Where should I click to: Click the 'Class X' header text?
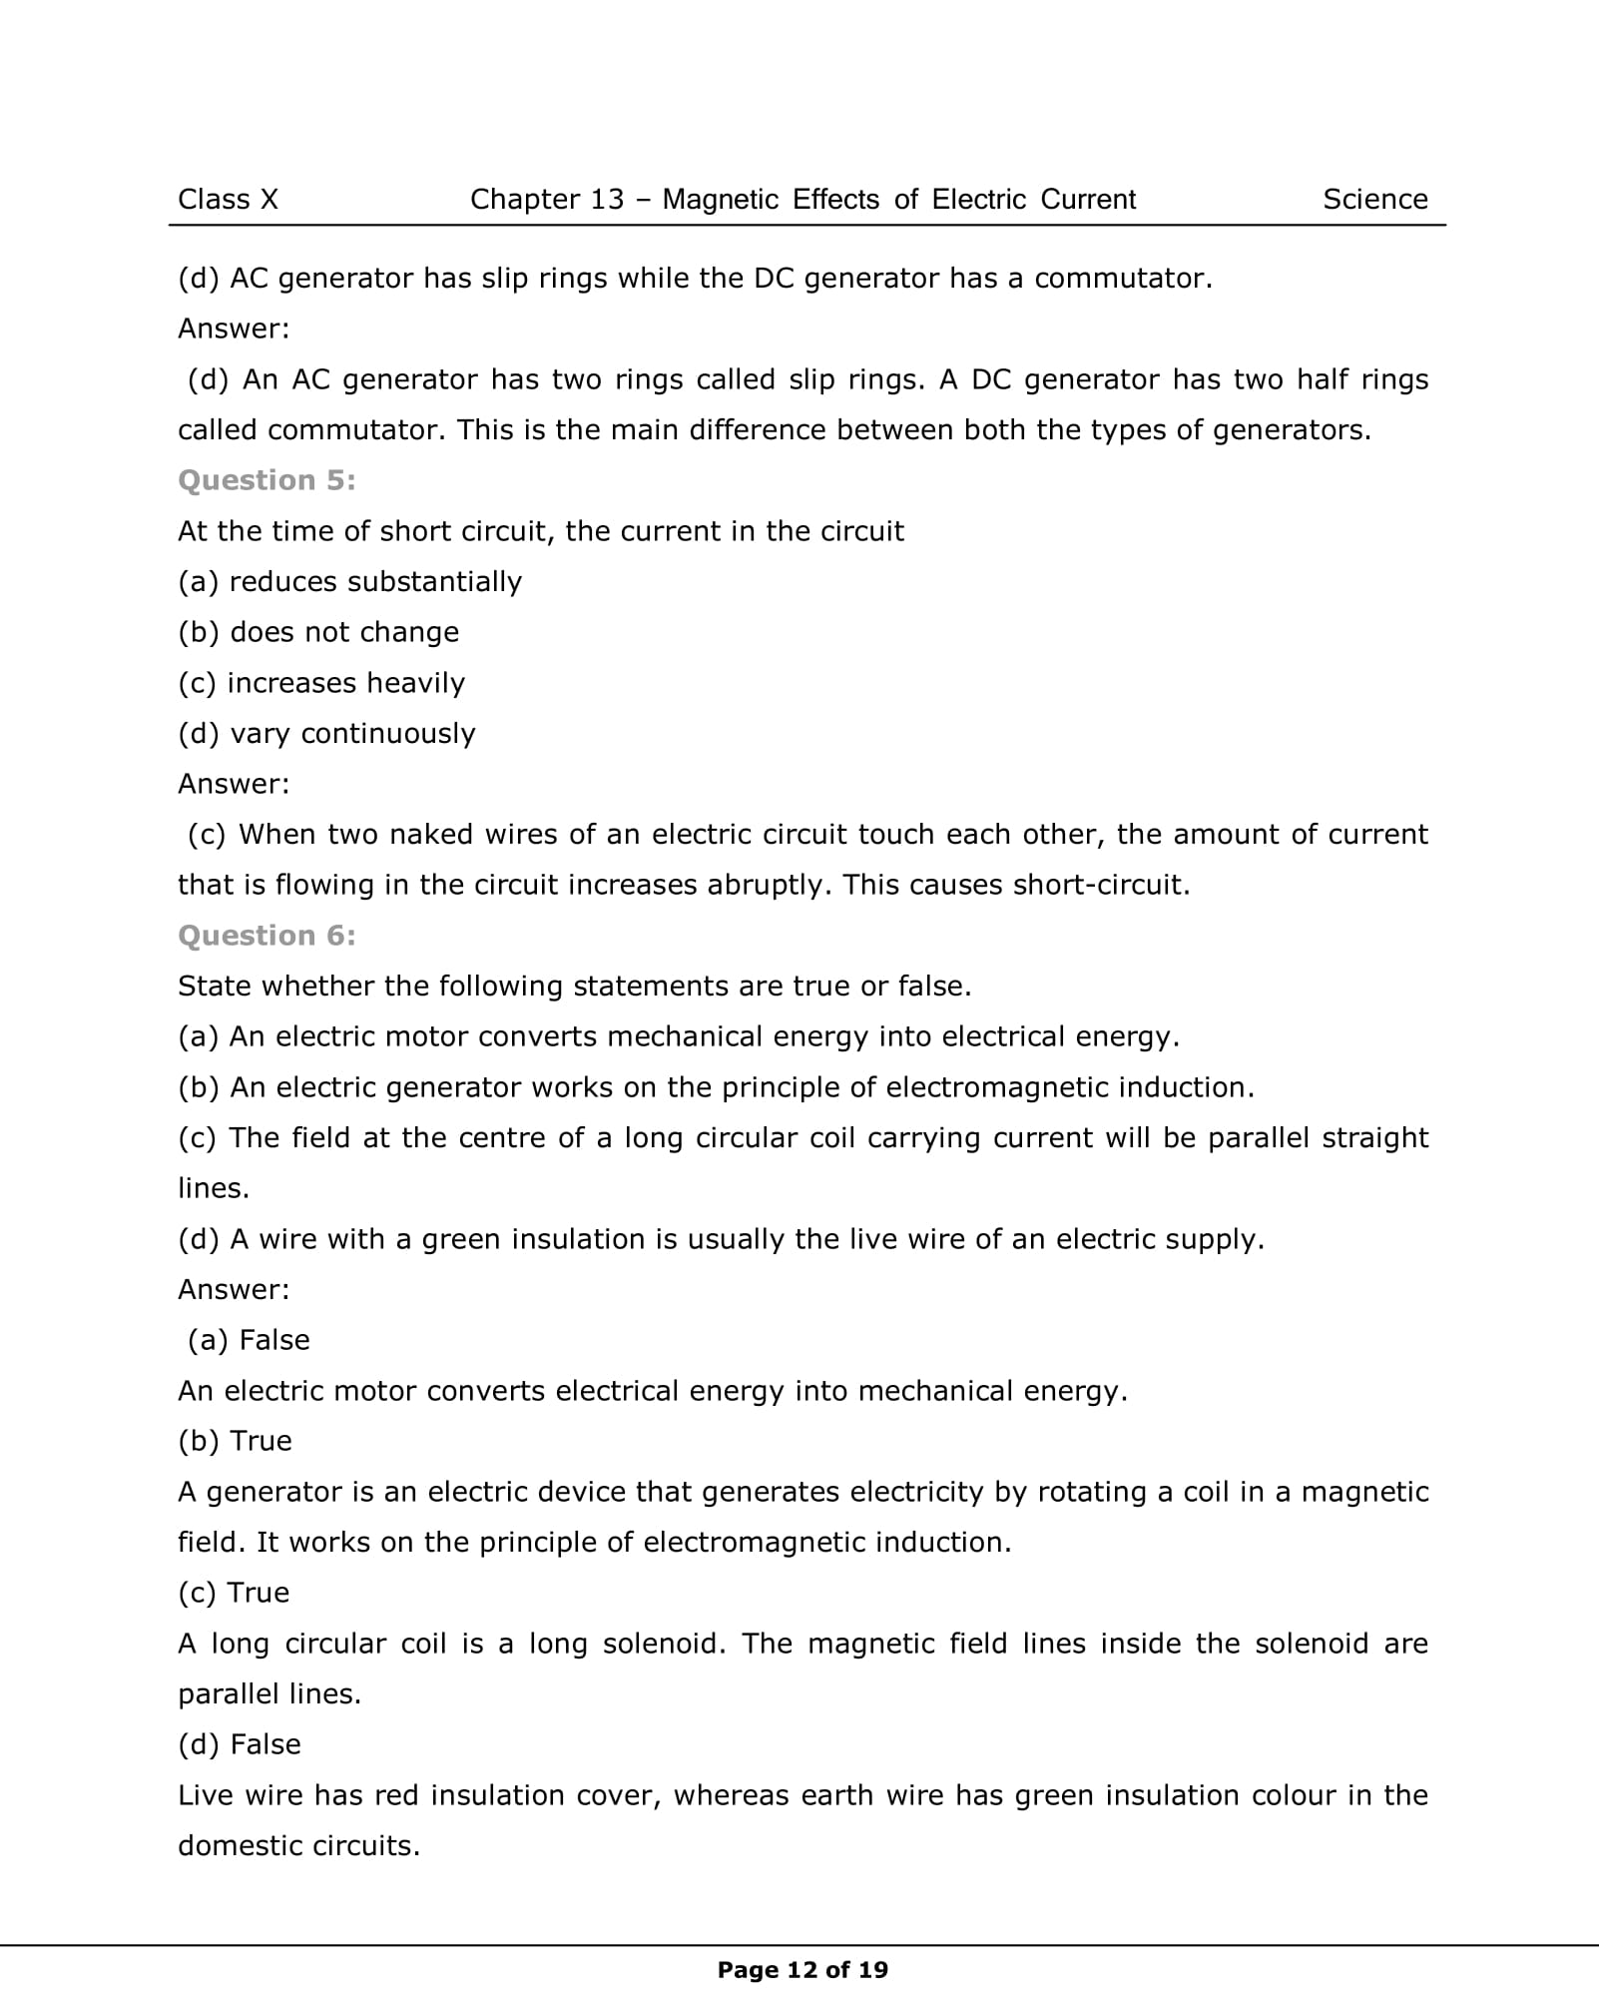pos(228,200)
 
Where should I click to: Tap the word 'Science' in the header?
pos(1374,200)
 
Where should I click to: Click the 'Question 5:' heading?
pos(266,480)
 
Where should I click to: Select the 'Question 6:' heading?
pos(266,936)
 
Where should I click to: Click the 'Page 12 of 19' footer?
pos(802,1970)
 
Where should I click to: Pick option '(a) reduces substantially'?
pos(349,582)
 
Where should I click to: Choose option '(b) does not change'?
pos(318,632)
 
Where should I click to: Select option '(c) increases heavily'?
pos(321,683)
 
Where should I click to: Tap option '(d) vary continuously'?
pos(326,734)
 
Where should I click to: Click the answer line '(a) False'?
pos(249,1340)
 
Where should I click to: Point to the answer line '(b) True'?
pos(235,1441)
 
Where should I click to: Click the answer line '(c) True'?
pos(234,1593)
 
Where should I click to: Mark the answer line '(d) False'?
pos(240,1744)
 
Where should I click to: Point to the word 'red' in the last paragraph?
pos(396,1795)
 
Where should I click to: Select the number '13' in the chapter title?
pos(607,200)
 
